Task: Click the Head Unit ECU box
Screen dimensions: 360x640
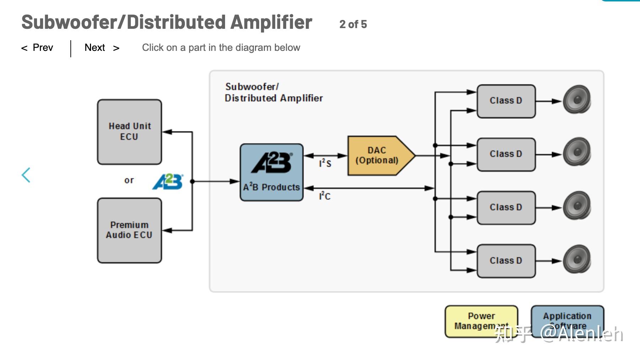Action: (129, 132)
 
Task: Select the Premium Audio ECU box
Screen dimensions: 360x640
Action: (129, 230)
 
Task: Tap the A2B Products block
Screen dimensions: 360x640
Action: (272, 172)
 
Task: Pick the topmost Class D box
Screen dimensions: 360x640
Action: (506, 101)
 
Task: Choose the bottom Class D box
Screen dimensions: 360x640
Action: (506, 261)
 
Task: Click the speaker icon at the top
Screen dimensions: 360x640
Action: (577, 100)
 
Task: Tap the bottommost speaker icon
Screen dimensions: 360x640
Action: (577, 259)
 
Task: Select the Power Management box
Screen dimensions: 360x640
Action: (481, 321)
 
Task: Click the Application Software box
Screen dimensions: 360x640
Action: (567, 321)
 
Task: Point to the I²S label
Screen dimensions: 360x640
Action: (325, 163)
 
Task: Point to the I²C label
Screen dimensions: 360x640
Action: (325, 196)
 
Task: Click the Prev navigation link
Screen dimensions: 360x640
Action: (38, 48)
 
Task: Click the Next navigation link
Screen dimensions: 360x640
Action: (102, 48)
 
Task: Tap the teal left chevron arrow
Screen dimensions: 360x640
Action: (26, 175)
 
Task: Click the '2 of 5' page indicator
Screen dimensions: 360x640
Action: (353, 24)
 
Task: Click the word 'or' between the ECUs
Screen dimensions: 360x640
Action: (129, 180)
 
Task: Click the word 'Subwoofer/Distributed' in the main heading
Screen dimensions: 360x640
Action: (123, 22)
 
